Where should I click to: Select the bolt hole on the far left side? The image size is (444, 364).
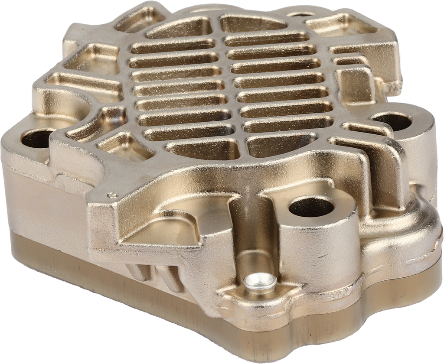coord(34,140)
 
